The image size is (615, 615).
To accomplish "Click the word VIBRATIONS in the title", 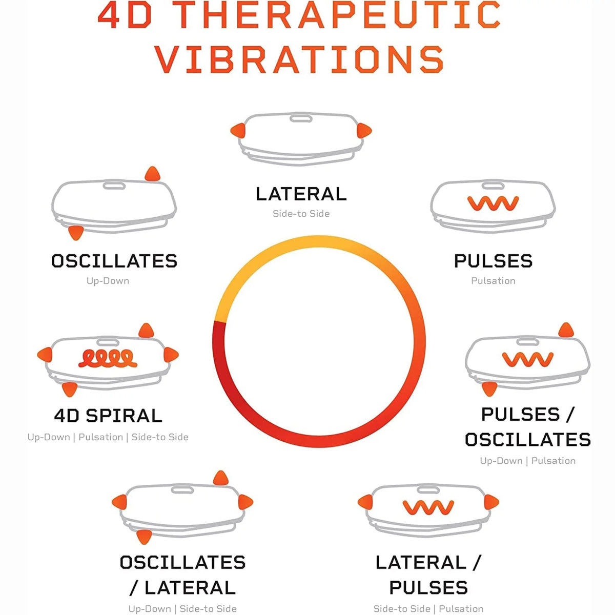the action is point(299,59).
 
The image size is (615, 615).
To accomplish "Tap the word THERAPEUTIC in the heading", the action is point(338,15).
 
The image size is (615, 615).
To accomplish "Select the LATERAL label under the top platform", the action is point(301,194).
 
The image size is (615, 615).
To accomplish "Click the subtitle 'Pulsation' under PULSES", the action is point(493,280).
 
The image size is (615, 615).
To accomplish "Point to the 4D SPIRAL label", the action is point(108,416).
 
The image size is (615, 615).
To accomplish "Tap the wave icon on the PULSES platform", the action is point(493,203).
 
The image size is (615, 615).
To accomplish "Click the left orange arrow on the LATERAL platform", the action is point(238,130).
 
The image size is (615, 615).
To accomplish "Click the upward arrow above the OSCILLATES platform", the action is point(152,174).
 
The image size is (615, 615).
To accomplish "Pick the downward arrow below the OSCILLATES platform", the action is point(76,233).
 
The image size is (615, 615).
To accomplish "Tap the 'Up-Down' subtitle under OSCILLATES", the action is point(108,281).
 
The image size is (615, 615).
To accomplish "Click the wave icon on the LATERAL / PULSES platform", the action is point(428,507).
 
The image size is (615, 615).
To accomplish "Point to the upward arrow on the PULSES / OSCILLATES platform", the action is point(566,330).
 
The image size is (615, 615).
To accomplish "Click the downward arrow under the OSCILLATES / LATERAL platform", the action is point(144,537).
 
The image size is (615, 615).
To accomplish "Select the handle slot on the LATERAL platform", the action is point(301,118).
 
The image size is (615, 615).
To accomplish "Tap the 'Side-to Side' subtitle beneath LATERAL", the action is point(301,214).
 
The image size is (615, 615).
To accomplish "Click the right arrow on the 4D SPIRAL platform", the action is point(171,355).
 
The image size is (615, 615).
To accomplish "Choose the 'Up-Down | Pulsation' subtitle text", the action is point(527,461).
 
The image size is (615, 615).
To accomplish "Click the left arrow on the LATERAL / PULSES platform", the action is point(365,502).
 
